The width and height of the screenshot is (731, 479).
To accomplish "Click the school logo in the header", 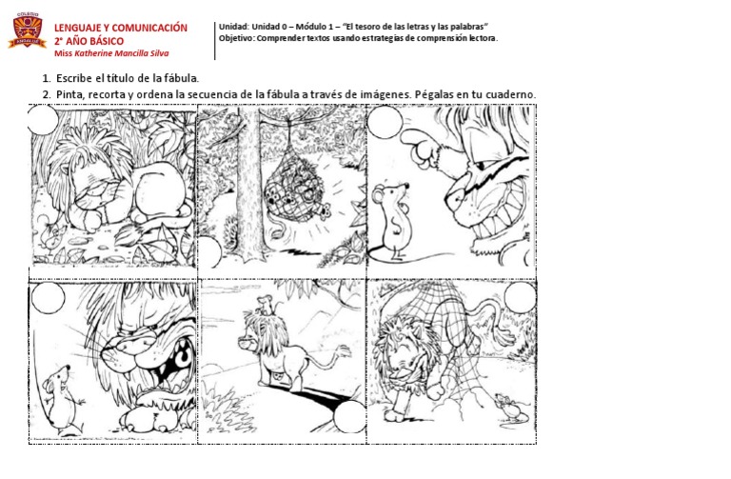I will [x=26, y=34].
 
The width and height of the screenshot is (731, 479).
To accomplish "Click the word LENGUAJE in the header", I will [x=81, y=29].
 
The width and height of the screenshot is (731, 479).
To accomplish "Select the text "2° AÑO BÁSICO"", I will [x=89, y=41].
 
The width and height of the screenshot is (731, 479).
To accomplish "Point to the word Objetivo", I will [x=238, y=38].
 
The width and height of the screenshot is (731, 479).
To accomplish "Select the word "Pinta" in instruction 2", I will [x=70, y=94].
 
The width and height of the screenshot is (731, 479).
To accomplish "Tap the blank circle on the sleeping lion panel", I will [x=43, y=121].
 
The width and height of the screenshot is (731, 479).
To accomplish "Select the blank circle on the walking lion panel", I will [x=349, y=416].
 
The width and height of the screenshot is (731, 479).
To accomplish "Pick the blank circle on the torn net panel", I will [x=520, y=299].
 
